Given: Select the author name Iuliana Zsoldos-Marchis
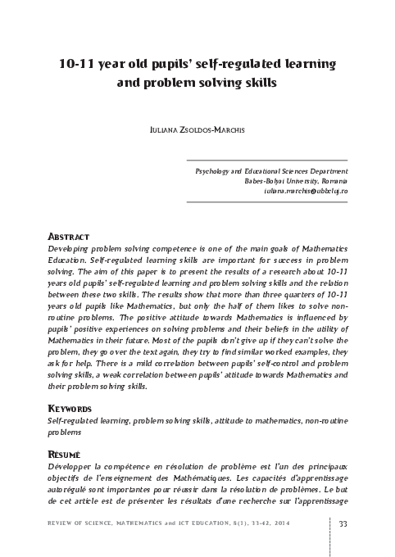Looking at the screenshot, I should point(197,129).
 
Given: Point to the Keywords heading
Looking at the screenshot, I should point(74,406).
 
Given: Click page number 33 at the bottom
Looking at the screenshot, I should point(343,525).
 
